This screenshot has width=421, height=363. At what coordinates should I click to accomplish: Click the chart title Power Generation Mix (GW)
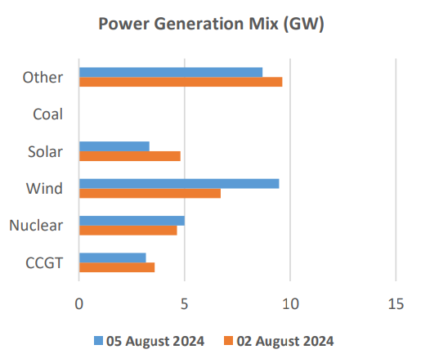tap(211, 25)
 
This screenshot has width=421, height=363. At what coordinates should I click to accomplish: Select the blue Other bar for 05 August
tap(171, 72)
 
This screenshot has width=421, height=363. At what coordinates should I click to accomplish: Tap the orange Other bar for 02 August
tap(181, 82)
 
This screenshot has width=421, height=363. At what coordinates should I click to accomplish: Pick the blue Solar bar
tap(114, 146)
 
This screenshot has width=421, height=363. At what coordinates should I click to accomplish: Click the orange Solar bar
tap(130, 156)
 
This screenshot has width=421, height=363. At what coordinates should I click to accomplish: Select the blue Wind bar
tap(179, 183)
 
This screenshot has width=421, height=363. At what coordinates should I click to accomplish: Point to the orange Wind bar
tap(150, 193)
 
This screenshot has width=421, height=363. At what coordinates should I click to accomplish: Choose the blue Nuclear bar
tap(132, 220)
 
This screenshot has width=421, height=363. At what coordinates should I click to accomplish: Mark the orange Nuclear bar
tap(128, 231)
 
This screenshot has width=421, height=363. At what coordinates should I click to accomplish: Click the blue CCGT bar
tap(113, 258)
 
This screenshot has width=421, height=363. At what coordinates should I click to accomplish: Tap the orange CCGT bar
tap(117, 267)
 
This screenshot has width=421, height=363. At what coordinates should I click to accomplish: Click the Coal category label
tap(48, 114)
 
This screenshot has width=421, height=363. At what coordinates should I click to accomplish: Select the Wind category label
tap(46, 189)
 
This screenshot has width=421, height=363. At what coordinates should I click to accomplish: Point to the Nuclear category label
tap(37, 226)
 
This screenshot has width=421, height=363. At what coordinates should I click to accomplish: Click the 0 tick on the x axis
tap(79, 304)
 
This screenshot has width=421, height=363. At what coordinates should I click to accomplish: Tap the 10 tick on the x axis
tap(290, 304)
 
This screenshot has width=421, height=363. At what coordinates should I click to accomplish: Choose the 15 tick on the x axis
tap(396, 304)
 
